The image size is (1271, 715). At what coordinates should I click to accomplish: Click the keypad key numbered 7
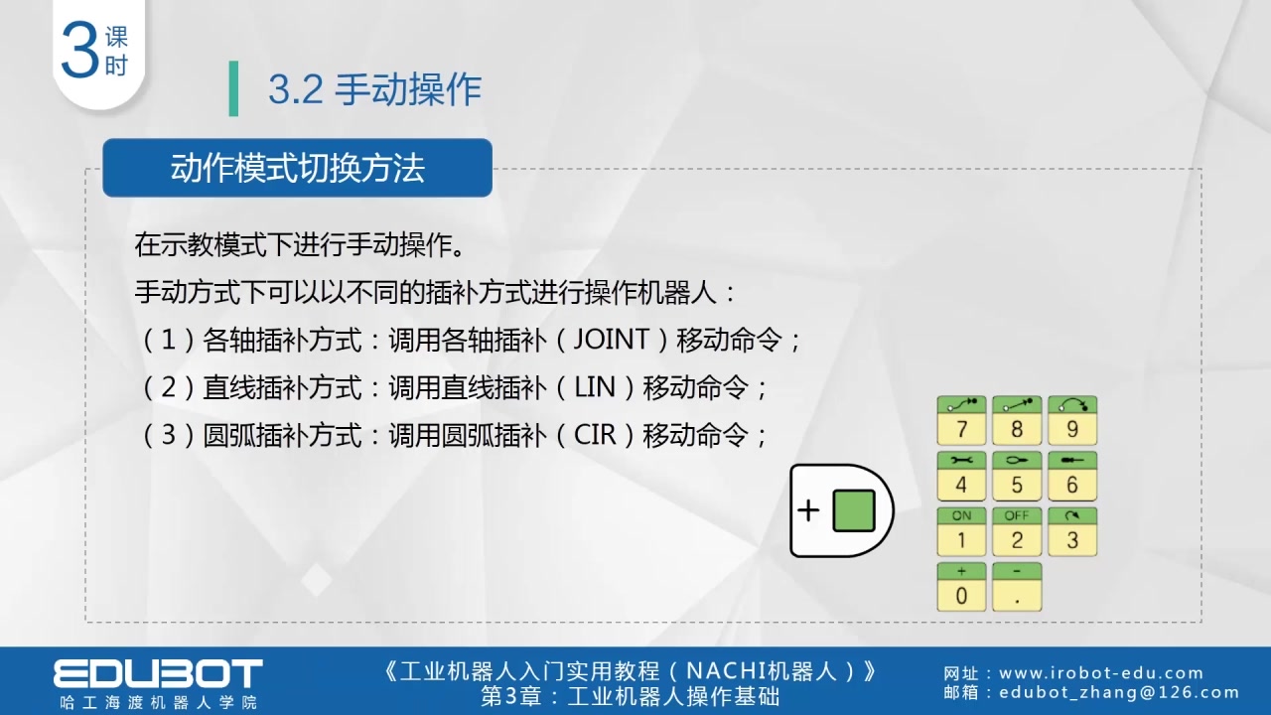(x=961, y=420)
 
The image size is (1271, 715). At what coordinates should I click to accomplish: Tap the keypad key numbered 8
(x=1017, y=420)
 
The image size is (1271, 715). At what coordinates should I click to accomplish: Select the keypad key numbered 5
(x=1017, y=476)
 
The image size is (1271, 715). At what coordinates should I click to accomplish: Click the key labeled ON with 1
(x=961, y=531)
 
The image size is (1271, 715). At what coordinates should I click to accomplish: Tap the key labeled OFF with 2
(x=1017, y=531)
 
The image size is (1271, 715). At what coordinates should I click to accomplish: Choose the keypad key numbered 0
(x=961, y=587)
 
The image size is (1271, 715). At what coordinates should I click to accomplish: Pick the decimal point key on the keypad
(x=1017, y=587)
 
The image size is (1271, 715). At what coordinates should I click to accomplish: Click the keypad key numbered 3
(x=1072, y=531)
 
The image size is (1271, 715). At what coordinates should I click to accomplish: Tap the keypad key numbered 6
(x=1072, y=476)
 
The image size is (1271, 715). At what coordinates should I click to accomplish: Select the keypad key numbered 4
(x=961, y=476)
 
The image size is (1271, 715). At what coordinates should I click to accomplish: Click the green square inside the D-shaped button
(x=853, y=510)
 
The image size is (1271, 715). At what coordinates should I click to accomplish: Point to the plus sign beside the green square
(x=808, y=510)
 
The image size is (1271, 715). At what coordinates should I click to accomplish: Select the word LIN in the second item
(x=595, y=387)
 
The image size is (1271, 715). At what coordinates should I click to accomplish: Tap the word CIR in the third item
(x=595, y=435)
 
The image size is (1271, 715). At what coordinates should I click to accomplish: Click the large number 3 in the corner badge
(x=79, y=52)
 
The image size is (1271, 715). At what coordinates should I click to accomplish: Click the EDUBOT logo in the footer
(x=158, y=672)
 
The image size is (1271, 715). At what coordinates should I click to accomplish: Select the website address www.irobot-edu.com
(x=1101, y=673)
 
